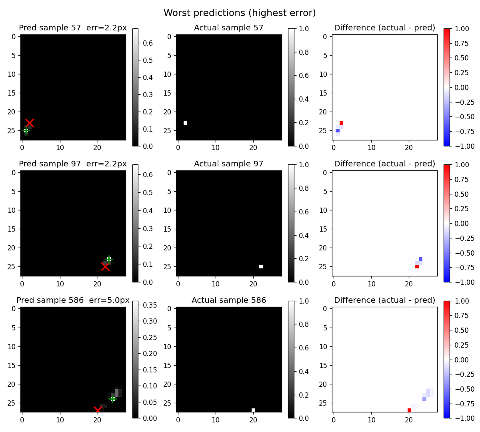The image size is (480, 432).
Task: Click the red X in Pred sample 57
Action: [x=30, y=123]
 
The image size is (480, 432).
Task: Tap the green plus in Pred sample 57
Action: [x=26, y=131]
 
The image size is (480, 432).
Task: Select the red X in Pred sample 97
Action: [x=105, y=267]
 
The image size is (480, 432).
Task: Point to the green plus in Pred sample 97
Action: [x=109, y=259]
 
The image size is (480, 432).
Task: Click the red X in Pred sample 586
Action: [x=97, y=410]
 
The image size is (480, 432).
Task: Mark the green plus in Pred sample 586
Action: [x=113, y=399]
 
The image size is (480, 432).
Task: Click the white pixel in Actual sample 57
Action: [x=186, y=123]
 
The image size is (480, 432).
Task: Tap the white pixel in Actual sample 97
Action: [x=261, y=267]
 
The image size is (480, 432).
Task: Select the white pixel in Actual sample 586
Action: [x=253, y=410]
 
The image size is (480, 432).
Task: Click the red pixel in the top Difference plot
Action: [x=342, y=123]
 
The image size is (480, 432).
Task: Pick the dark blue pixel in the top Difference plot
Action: [x=338, y=131]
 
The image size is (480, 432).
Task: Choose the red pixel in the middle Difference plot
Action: [x=417, y=267]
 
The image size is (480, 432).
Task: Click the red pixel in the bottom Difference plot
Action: [x=410, y=410]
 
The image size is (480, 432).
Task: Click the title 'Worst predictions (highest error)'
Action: [x=240, y=13]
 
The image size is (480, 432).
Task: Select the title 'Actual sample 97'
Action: [x=228, y=164]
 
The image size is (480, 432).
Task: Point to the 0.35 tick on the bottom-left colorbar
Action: [x=150, y=305]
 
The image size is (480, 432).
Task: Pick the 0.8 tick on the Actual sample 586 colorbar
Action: [x=304, y=324]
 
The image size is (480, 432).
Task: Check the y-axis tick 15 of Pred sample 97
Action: [x=12, y=229]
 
